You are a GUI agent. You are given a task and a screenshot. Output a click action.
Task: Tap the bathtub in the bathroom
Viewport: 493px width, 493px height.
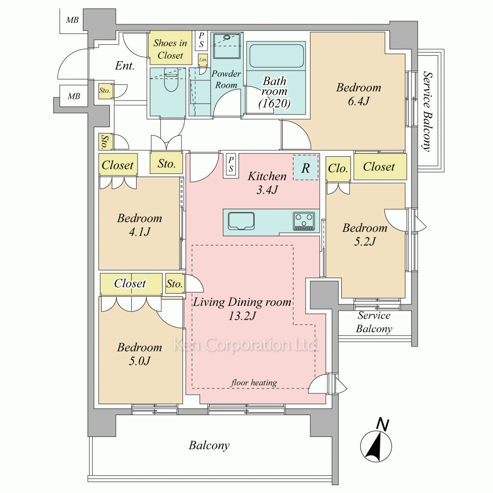click(x=276, y=56)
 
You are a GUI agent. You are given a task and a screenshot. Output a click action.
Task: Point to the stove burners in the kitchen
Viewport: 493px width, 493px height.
click(x=304, y=220)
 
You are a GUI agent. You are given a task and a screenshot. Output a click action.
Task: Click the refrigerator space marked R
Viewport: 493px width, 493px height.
click(x=306, y=168)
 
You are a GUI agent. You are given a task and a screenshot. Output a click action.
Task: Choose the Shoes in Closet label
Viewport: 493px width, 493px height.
click(x=170, y=49)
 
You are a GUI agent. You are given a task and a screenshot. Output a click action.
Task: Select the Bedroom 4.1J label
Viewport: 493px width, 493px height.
click(x=139, y=224)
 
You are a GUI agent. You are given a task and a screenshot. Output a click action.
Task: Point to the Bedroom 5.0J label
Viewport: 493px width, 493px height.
click(x=139, y=354)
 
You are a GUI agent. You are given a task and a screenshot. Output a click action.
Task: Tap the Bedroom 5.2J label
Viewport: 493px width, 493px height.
click(x=365, y=234)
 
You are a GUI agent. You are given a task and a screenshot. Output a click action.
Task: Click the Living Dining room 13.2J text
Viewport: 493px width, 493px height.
click(x=242, y=309)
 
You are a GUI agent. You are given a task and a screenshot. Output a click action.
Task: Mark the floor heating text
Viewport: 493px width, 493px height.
click(x=254, y=383)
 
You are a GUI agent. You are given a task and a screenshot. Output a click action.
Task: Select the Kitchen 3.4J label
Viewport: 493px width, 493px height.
click(x=267, y=182)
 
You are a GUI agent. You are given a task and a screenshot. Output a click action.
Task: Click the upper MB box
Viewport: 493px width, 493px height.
click(x=72, y=20)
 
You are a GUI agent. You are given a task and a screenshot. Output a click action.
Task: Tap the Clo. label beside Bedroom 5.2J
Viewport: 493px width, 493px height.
click(x=338, y=168)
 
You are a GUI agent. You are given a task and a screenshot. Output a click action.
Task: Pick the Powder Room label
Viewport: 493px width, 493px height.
click(x=226, y=79)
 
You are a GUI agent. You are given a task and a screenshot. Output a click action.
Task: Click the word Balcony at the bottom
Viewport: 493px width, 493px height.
click(x=209, y=446)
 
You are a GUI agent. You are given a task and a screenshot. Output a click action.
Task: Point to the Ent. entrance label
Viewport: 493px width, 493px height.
click(x=125, y=66)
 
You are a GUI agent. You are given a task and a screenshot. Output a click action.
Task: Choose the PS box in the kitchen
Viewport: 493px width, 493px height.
click(x=231, y=165)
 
